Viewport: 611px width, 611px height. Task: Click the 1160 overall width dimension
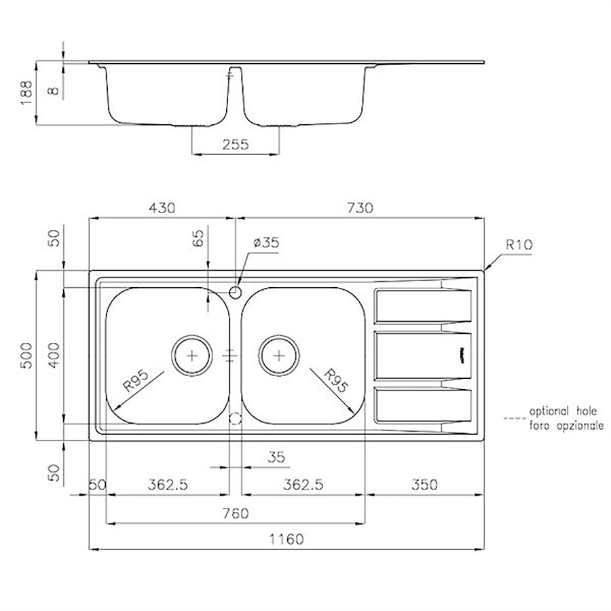pos(286,539)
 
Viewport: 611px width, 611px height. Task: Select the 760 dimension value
pos(236,513)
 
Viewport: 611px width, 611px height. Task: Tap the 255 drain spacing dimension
pos(236,145)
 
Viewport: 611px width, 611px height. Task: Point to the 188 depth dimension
pos(26,93)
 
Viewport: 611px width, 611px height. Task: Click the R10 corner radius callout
pos(519,244)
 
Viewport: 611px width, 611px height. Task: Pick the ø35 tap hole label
pos(266,242)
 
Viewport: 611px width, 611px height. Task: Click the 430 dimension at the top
pos(162,208)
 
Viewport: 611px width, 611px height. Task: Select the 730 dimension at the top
pos(360,208)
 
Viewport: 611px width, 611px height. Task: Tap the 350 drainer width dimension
pos(424,485)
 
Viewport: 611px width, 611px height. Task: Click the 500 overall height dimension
pos(26,355)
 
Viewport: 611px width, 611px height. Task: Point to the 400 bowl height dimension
pos(54,355)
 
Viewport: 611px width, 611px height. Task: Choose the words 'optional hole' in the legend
pos(563,411)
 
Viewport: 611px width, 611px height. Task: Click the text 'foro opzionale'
pos(566,426)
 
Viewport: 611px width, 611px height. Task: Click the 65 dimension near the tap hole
pos(198,238)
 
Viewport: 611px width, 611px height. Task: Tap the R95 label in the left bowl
pos(136,381)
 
